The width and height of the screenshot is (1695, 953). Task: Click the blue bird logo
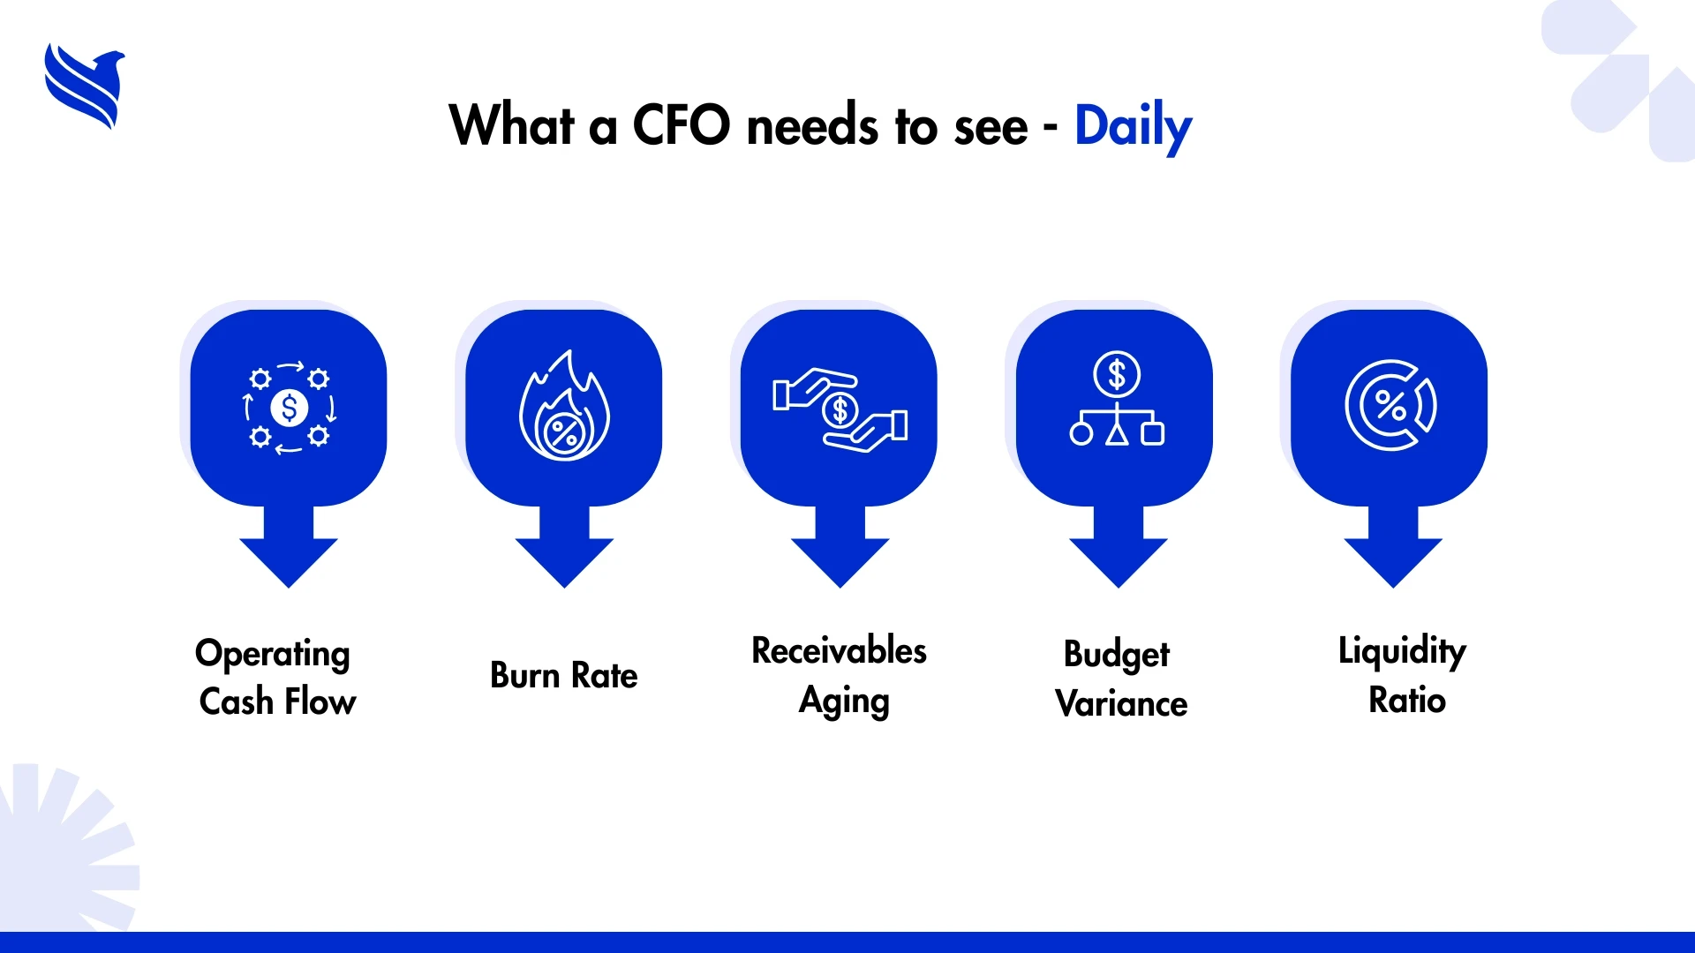coord(84,86)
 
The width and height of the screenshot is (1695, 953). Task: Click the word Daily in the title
coord(1133,127)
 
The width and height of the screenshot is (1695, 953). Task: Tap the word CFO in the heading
coord(682,124)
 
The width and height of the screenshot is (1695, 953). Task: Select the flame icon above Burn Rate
coord(564,406)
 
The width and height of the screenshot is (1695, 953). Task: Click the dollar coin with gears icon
coord(289,408)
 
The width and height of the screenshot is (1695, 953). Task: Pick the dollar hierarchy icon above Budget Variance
coord(1117,398)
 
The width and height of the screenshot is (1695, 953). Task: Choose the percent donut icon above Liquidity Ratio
coord(1390,406)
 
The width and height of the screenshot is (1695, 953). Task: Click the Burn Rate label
coord(563,676)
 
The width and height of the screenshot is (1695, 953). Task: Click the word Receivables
coord(839,650)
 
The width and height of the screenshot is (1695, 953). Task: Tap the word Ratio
coord(1407,701)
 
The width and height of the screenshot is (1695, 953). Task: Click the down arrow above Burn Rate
coord(564,547)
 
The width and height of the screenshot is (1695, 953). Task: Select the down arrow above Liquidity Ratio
coord(1393,547)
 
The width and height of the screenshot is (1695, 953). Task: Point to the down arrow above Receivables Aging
coord(840,547)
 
